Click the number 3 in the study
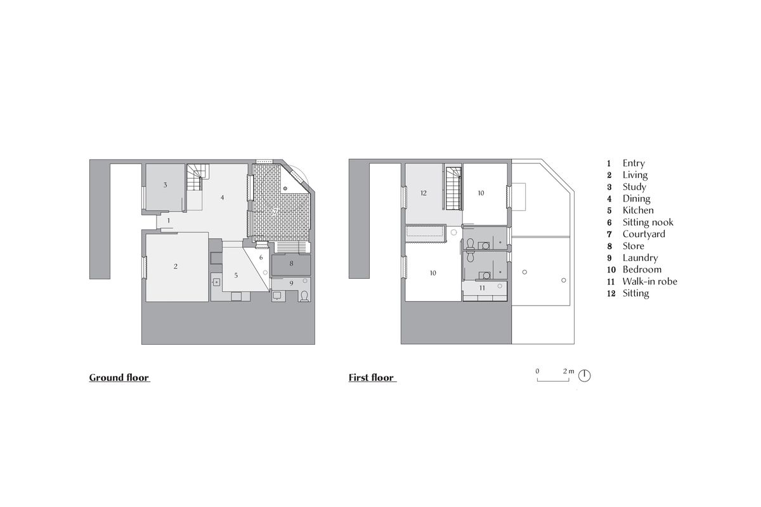click(165, 185)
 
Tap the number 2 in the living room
click(176, 266)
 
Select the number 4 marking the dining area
click(223, 198)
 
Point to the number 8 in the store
click(291, 262)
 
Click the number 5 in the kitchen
click(236, 275)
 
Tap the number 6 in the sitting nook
click(261, 257)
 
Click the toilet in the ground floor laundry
click(305, 296)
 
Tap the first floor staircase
click(452, 188)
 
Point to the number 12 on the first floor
click(424, 192)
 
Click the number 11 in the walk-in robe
click(483, 287)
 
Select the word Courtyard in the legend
click(644, 234)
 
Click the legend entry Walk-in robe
click(649, 281)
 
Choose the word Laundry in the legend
click(640, 258)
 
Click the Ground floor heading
click(119, 378)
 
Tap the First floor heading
click(372, 378)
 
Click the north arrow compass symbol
click(585, 376)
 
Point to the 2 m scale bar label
click(568, 371)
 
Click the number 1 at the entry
click(169, 220)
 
